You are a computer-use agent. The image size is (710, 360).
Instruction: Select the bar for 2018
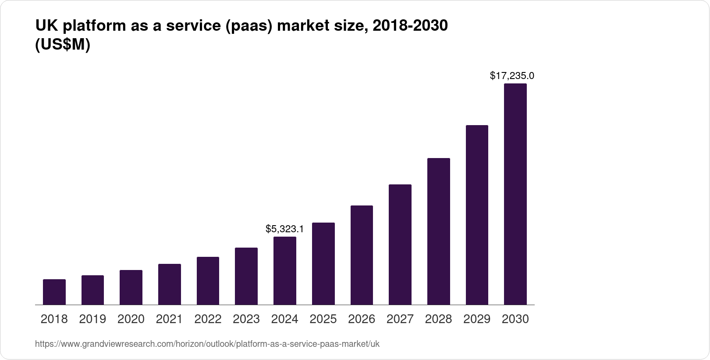click(x=54, y=292)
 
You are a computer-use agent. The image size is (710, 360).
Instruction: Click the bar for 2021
click(x=170, y=284)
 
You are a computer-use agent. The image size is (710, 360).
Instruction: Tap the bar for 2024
click(x=285, y=270)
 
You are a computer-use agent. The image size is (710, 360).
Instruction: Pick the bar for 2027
click(x=400, y=245)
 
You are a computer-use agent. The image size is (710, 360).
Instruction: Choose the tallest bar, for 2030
click(x=515, y=194)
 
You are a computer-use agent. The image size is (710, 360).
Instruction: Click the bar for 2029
click(x=477, y=215)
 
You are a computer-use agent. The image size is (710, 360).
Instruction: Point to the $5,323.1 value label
click(x=285, y=229)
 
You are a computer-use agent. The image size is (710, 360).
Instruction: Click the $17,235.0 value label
click(x=512, y=76)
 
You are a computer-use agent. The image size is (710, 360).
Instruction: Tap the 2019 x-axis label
click(x=92, y=319)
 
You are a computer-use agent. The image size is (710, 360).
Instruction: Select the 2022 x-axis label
click(x=208, y=319)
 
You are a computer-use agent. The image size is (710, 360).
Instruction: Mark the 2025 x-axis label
click(x=323, y=319)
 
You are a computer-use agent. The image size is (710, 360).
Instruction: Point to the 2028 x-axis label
click(x=438, y=319)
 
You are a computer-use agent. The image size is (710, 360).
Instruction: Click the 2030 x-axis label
click(x=515, y=319)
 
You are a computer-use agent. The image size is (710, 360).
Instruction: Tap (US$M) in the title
click(x=62, y=45)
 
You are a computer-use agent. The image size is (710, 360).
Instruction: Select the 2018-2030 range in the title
click(x=410, y=26)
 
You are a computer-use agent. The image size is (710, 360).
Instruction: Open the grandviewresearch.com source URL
click(x=207, y=344)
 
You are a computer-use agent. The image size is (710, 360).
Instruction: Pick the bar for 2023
click(x=246, y=276)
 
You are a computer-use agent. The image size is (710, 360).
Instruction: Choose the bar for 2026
click(x=362, y=255)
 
